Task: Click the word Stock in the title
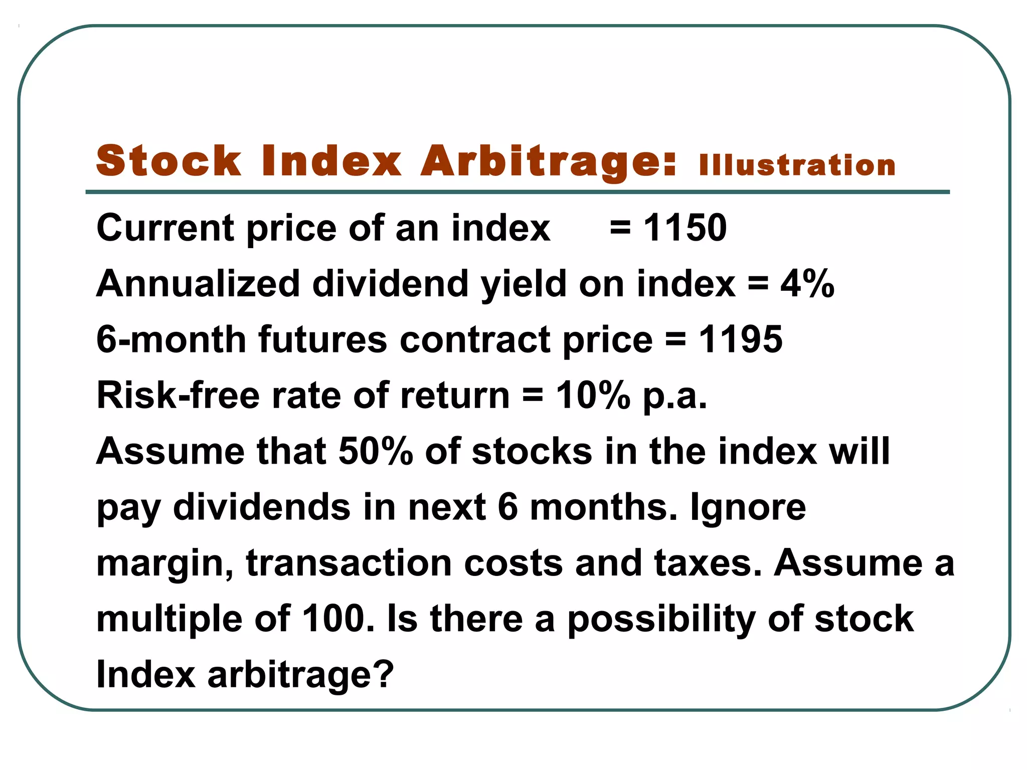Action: click(168, 161)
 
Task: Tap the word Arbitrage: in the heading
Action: click(549, 161)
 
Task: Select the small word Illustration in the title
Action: click(797, 165)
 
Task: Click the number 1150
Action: click(685, 228)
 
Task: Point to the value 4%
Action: click(807, 284)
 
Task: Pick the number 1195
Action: click(741, 339)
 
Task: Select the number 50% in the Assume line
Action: click(376, 451)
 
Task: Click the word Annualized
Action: click(198, 284)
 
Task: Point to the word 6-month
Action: click(171, 339)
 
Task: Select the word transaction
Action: click(349, 563)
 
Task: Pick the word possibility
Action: click(661, 620)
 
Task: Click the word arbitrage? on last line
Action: click(301, 675)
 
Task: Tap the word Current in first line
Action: click(165, 228)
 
